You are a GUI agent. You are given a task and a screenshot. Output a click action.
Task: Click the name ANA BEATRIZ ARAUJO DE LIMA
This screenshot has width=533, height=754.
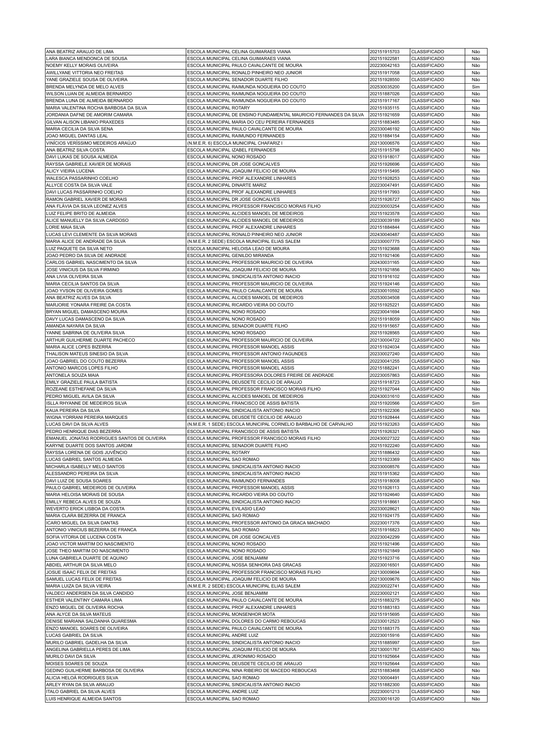[79, 51]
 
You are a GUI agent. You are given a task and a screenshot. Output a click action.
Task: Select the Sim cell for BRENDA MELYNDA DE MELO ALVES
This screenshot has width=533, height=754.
[475, 87]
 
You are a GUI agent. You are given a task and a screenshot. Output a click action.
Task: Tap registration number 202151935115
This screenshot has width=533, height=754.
[384, 108]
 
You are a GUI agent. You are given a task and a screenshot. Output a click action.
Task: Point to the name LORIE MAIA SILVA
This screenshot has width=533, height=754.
[65, 227]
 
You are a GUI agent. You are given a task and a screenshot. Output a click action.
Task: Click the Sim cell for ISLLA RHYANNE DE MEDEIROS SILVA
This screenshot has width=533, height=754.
[475, 403]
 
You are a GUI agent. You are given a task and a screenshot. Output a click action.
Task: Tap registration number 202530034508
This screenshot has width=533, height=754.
[384, 297]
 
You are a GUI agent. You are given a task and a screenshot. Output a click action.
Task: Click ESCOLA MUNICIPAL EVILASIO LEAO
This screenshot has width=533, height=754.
[226, 509]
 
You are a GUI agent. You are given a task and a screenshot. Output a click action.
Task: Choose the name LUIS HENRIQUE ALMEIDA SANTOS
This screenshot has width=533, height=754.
[83, 699]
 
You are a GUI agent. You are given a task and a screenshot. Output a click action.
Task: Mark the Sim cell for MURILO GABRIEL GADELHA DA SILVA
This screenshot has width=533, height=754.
[475, 642]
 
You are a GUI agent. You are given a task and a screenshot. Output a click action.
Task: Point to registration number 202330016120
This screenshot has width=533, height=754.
[384, 699]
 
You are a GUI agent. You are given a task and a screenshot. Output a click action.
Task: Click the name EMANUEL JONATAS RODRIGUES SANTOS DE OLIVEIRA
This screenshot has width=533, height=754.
[106, 438]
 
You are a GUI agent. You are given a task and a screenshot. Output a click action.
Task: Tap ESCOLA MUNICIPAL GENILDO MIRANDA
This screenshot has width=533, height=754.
[230, 255]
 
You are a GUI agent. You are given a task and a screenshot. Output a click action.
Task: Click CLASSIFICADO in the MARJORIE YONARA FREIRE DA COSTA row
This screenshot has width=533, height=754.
[427, 305]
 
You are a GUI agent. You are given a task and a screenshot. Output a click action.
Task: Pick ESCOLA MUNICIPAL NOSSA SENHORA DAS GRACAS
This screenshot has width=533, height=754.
[244, 565]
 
